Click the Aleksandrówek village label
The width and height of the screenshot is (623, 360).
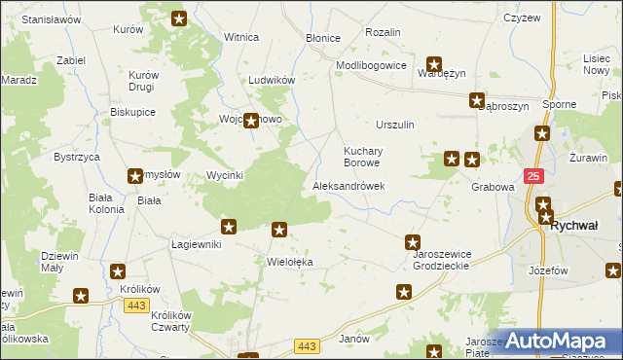(x=348, y=186)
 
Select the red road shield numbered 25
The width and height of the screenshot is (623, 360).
(x=533, y=176)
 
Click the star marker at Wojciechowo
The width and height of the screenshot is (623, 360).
(x=251, y=122)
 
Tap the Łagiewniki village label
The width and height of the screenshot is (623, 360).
(x=197, y=244)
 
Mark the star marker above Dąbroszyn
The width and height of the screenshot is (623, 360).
(x=477, y=99)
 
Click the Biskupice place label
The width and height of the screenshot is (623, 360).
(x=133, y=112)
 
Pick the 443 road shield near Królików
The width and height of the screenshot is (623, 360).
(x=136, y=306)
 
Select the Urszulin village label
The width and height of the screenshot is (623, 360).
(x=395, y=125)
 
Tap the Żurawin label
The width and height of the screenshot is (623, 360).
(x=588, y=157)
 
